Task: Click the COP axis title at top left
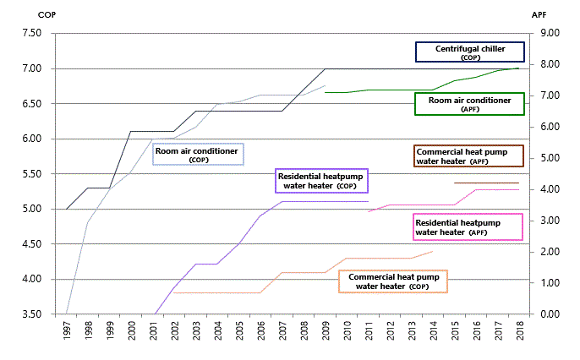click(x=47, y=14)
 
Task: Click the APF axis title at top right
click(x=539, y=14)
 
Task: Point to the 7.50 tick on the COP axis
click(x=32, y=33)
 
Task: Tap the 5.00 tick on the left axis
click(x=32, y=209)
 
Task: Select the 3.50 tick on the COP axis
click(x=32, y=314)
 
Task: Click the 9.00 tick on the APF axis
click(x=550, y=33)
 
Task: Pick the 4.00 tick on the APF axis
click(x=550, y=189)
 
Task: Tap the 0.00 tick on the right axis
click(x=550, y=314)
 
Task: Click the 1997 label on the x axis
click(x=67, y=330)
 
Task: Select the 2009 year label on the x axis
click(x=326, y=330)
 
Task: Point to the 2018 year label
click(x=521, y=330)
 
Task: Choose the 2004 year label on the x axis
click(x=218, y=330)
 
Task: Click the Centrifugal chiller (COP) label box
click(x=470, y=52)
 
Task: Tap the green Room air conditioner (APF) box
click(x=470, y=104)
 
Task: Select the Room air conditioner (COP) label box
click(x=198, y=154)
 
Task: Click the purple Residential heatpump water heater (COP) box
click(x=322, y=181)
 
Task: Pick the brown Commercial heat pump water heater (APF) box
click(x=468, y=156)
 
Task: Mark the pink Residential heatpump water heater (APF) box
click(x=468, y=227)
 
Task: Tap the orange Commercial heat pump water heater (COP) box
click(x=393, y=281)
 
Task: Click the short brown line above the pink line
click(x=487, y=183)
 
